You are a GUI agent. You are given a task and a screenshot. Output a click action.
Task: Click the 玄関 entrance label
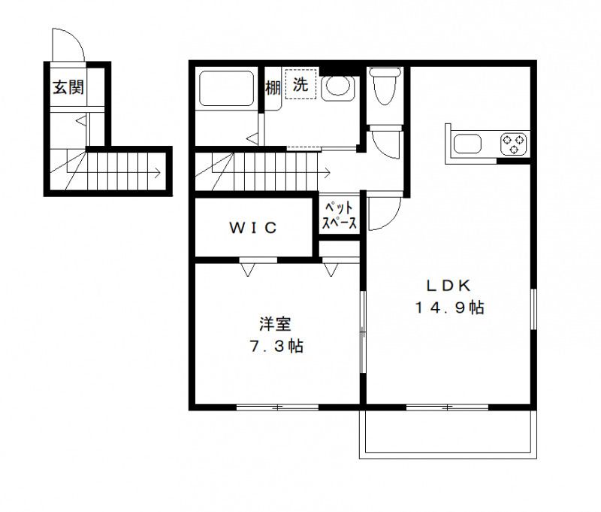pyautogui.click(x=68, y=87)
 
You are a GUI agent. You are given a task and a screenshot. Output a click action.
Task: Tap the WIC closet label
pyautogui.click(x=253, y=227)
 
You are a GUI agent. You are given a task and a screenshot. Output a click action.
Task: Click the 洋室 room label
pyautogui.click(x=275, y=325)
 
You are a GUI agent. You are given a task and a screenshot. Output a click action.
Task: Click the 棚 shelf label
pyautogui.click(x=273, y=87)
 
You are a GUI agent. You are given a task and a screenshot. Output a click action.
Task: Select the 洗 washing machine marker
pyautogui.click(x=300, y=86)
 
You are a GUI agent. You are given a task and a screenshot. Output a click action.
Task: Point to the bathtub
pyautogui.click(x=227, y=89)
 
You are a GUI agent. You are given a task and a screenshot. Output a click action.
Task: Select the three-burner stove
pyautogui.click(x=515, y=143)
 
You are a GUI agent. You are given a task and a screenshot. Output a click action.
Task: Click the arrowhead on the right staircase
pyautogui.click(x=328, y=172)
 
